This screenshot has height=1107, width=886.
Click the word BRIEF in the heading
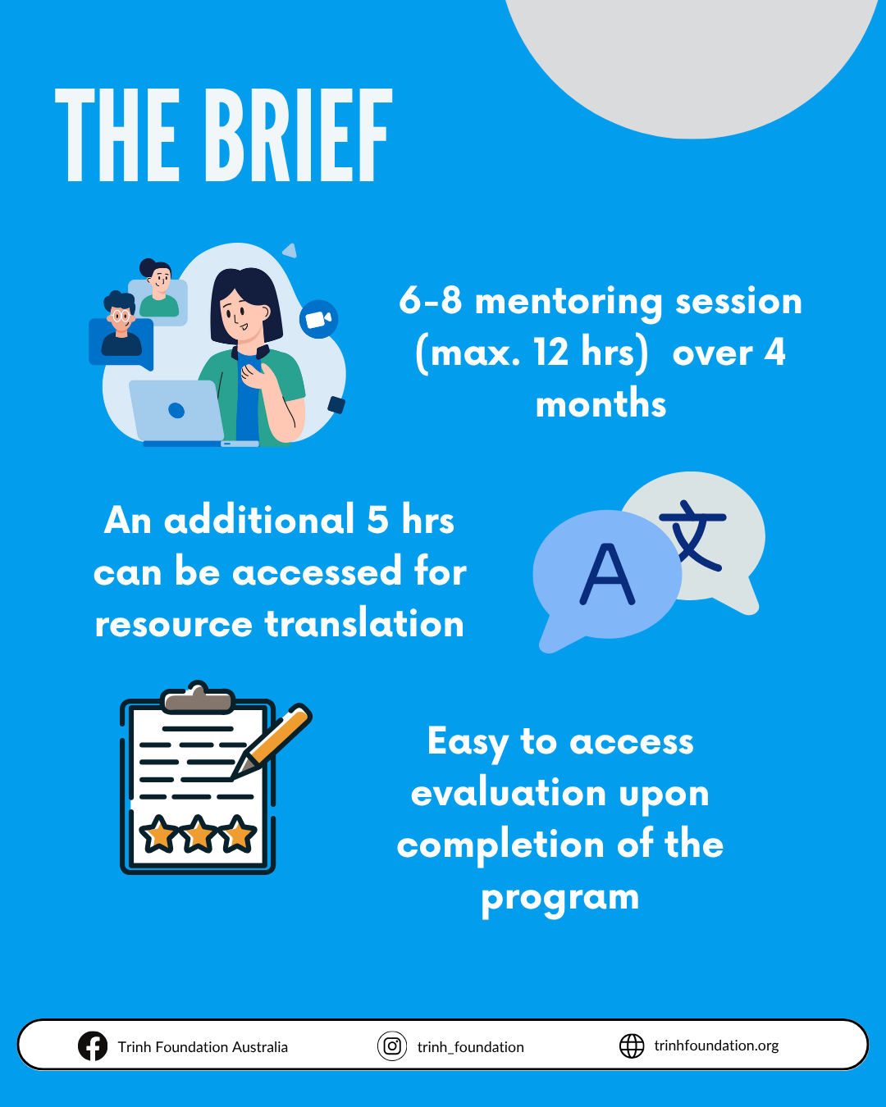click(299, 135)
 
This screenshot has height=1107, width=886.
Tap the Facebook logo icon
click(93, 1045)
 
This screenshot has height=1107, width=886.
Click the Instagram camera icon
click(392, 1045)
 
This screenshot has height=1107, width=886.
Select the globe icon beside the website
click(632, 1045)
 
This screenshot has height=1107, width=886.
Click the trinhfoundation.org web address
click(716, 1045)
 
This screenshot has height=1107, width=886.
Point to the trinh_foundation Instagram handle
click(471, 1047)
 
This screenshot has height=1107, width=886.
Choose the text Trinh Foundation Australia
click(203, 1047)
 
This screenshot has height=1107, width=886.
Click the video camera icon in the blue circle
click(318, 319)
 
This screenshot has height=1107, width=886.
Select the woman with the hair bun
click(158, 288)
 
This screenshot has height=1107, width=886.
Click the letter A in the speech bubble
click(607, 573)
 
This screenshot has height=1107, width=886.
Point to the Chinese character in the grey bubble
click(693, 535)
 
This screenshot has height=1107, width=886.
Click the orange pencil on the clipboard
click(272, 740)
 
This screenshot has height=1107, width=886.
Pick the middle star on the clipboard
click(199, 833)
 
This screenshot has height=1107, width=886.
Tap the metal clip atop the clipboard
click(198, 698)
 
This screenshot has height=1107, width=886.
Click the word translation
click(364, 623)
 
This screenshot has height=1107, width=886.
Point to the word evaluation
click(509, 793)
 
